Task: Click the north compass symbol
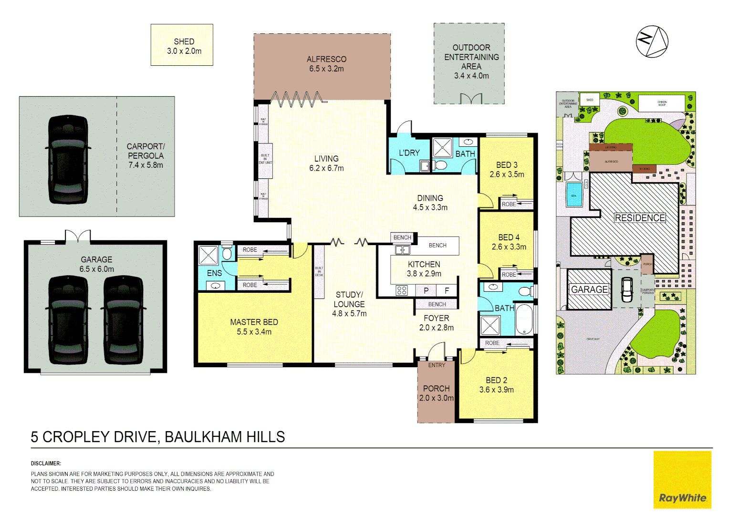[652, 41]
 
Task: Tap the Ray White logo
[682, 480]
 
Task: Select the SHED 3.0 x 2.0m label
[184, 46]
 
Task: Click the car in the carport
[68, 159]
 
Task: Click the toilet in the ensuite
[227, 253]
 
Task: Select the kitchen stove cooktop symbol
[402, 290]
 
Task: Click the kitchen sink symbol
[402, 250]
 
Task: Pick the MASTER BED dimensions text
[254, 332]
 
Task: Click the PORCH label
[436, 389]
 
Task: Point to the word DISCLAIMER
[46, 463]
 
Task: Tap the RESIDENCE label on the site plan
[639, 218]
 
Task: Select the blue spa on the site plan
[574, 195]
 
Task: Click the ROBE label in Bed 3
[509, 204]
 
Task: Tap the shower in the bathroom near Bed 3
[442, 148]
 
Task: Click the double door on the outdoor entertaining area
[470, 99]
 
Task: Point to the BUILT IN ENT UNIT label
[265, 159]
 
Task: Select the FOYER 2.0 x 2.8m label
[436, 323]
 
